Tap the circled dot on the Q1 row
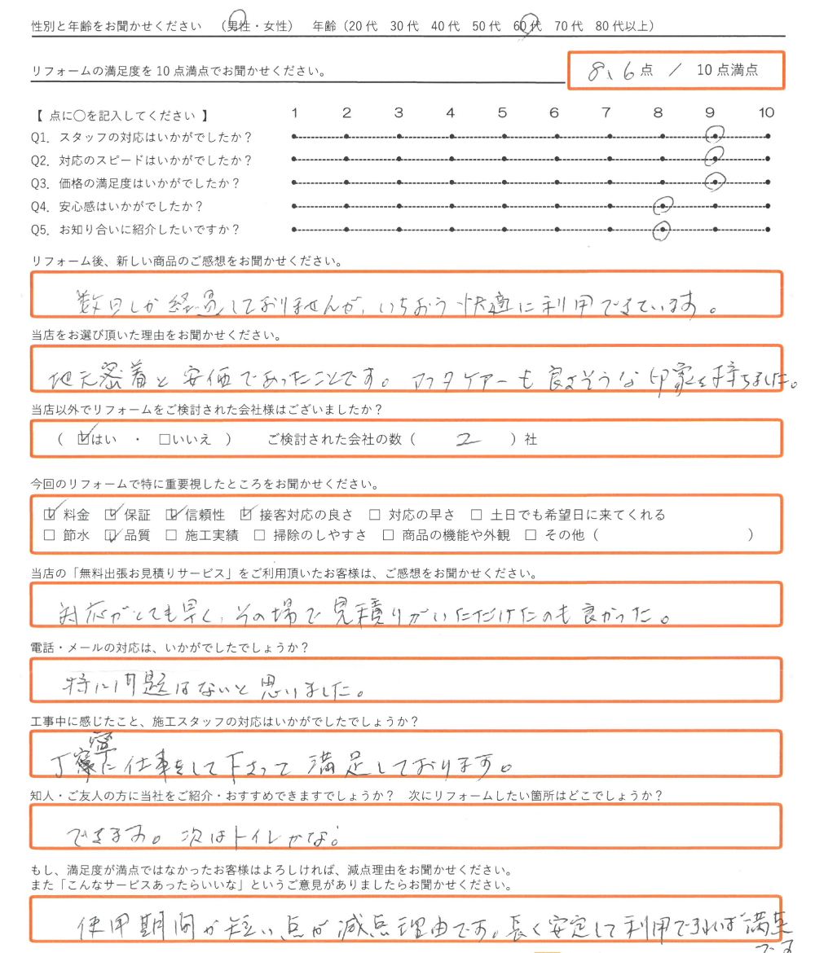click(x=715, y=136)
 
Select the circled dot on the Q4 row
click(x=663, y=207)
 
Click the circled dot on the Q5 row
click(x=663, y=231)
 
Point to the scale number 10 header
click(x=766, y=112)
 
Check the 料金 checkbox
click(x=50, y=515)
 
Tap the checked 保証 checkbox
click(x=111, y=515)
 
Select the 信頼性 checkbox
click(x=171, y=515)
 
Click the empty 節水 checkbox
click(x=49, y=535)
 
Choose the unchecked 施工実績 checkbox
click(x=171, y=535)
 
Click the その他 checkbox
click(x=531, y=535)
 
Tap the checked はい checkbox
click(x=82, y=440)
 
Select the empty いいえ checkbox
click(x=165, y=440)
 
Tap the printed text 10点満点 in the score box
click(x=728, y=70)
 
